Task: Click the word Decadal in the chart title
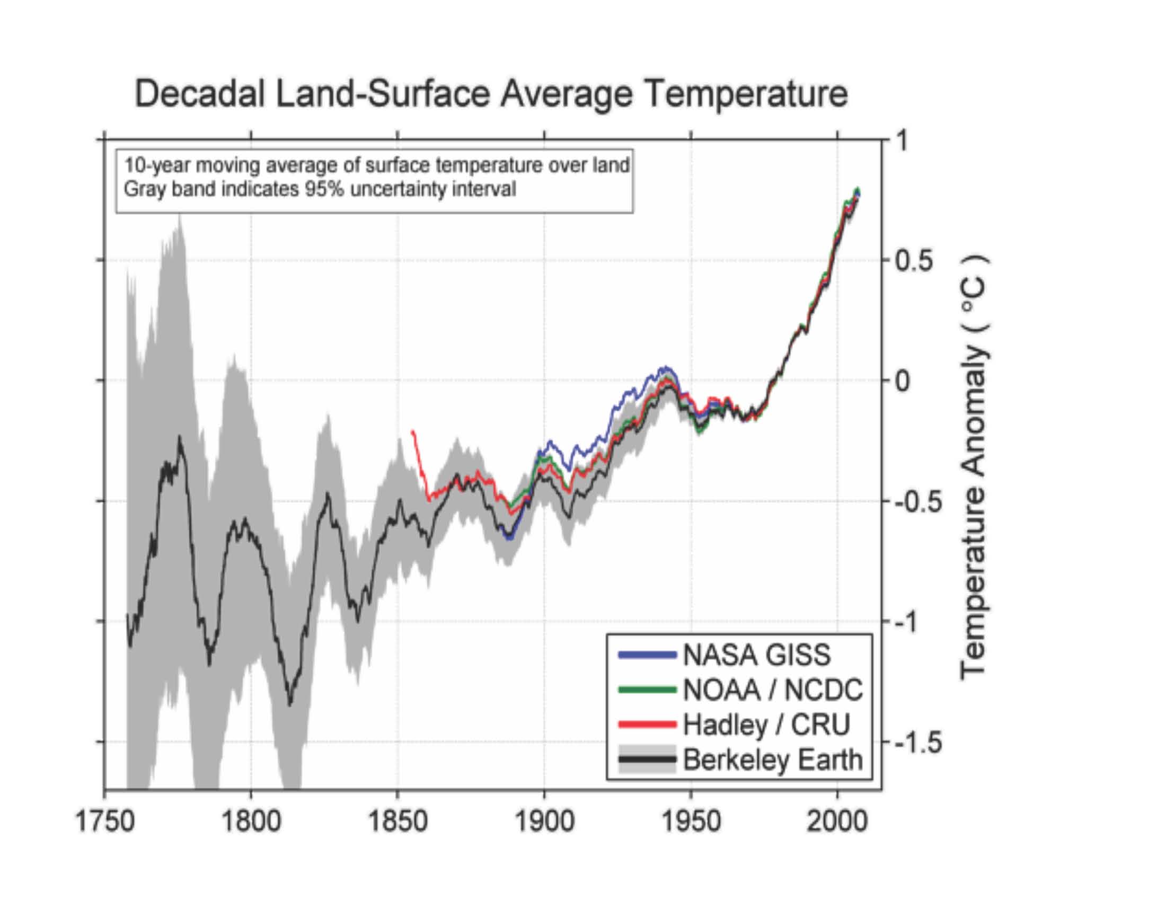click(x=200, y=94)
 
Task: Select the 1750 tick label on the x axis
click(x=105, y=821)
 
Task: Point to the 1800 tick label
click(x=251, y=821)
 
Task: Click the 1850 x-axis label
click(x=397, y=821)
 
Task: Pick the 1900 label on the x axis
click(x=544, y=821)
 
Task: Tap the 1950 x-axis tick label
click(x=691, y=821)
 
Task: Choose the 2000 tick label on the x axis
click(x=837, y=821)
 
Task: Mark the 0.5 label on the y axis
click(x=914, y=261)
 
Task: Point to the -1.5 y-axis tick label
click(x=917, y=743)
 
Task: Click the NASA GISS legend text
click(x=757, y=655)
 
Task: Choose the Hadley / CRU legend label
click(x=766, y=725)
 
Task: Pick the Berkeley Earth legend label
click(x=773, y=759)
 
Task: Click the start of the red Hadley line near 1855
click(x=413, y=431)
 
